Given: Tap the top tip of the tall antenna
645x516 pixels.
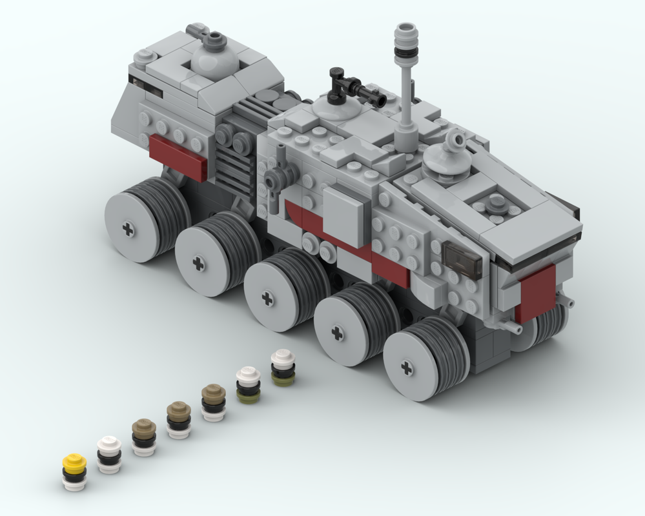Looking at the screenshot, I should (405, 29).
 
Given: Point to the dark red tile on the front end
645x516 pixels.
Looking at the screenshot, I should (535, 292).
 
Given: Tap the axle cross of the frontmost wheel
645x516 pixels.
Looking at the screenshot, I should (406, 368).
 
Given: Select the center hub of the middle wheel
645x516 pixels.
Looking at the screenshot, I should (267, 298).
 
